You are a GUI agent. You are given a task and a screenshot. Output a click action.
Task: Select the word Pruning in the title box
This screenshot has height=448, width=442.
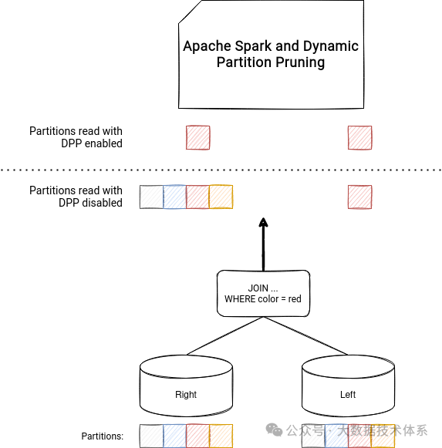(298, 62)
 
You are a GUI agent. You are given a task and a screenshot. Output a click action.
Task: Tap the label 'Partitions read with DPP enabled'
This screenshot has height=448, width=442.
(76, 137)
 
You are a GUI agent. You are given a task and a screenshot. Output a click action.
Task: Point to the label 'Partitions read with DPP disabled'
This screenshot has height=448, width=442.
(76, 197)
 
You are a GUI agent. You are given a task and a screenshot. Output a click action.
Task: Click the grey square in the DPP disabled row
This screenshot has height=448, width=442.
(151, 197)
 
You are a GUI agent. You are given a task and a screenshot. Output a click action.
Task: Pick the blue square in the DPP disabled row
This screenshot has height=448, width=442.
(174, 197)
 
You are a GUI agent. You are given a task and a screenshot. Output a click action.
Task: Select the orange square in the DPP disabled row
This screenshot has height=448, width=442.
(221, 197)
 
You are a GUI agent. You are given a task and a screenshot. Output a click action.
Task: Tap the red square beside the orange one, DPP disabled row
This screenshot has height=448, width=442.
(197, 197)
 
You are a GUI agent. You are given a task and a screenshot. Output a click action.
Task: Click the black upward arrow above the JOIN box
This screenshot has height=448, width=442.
(263, 243)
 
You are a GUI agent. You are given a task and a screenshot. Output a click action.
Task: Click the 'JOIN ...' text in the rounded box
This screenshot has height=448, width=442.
(263, 288)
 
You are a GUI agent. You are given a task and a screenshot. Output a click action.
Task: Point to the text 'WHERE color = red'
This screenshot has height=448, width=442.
(263, 299)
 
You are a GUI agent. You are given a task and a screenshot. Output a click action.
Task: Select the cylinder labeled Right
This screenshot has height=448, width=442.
(186, 386)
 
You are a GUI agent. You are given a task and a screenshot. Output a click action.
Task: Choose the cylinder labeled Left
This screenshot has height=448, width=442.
(348, 386)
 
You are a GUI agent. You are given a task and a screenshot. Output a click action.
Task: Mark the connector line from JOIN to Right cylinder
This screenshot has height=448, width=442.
(224, 335)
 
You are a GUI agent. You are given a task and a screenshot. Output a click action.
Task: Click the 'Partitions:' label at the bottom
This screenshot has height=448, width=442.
(103, 436)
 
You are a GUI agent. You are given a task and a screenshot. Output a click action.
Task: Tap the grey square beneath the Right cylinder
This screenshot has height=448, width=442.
(151, 436)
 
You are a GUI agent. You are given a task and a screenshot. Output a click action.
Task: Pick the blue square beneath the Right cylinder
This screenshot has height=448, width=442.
(174, 436)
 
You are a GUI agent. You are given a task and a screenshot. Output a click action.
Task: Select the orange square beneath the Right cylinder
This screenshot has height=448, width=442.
(221, 436)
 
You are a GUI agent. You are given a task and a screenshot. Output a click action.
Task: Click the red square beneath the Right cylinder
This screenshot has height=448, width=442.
(197, 436)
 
